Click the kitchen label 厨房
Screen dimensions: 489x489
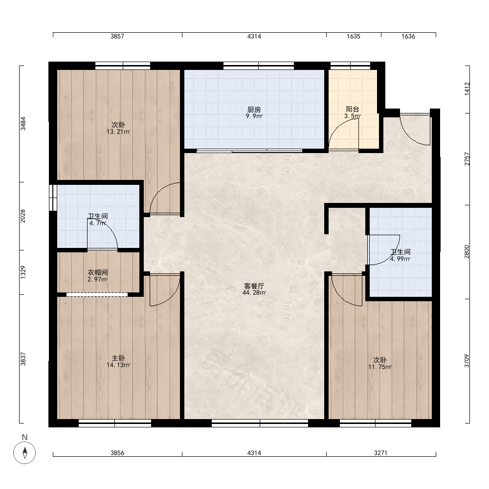254,110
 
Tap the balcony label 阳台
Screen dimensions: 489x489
353,109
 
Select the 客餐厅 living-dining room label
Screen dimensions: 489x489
254,286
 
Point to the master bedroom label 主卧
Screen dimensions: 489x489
118,358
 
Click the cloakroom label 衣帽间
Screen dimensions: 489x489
98,272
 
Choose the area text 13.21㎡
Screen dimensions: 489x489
118,132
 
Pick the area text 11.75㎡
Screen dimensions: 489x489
380,367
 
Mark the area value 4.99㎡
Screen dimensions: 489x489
400,259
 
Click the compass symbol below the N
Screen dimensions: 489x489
24,452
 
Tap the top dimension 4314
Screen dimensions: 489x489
254,36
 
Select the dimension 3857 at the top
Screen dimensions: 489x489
117,36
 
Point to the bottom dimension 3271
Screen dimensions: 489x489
381,453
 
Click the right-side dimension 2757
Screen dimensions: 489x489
467,159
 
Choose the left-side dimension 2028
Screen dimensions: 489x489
23,216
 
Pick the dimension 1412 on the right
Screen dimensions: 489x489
467,89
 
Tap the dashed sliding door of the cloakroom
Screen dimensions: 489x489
97,294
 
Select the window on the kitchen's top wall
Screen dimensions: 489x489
259,66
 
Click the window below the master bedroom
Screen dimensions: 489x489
115,423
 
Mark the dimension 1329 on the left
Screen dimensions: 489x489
23,272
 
